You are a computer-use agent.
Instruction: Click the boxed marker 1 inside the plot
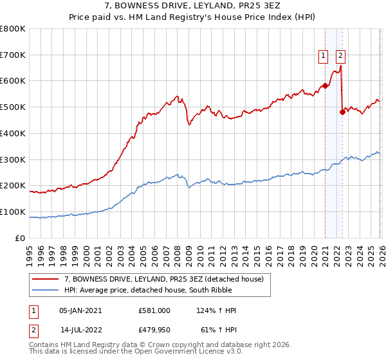coord(322,56)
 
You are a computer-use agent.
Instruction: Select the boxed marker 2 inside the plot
coord(340,56)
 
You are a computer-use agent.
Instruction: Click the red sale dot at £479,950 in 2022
coord(342,112)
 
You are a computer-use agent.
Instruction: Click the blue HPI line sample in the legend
coord(46,290)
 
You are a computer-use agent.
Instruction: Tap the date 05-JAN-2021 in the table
coord(80,310)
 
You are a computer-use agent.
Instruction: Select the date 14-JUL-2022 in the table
coord(81,331)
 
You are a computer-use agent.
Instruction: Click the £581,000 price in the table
coord(154,310)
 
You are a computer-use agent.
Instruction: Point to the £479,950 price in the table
coord(154,331)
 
